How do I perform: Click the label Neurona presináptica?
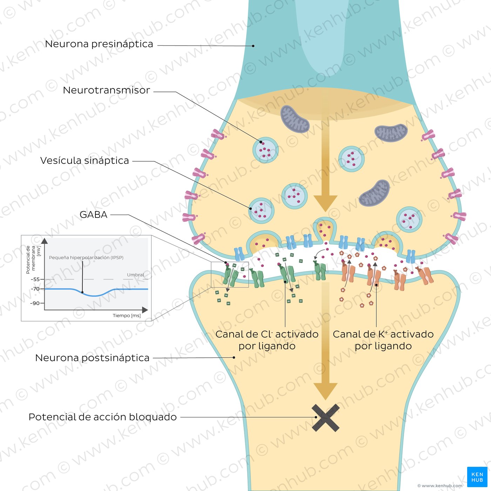(99, 44)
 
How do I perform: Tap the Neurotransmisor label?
(106, 90)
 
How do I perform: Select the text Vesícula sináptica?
(85, 161)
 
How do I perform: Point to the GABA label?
(93, 215)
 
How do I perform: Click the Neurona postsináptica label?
(92, 358)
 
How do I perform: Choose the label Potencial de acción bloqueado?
(102, 417)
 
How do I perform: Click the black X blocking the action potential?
(325, 417)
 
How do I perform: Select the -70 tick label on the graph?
(35, 289)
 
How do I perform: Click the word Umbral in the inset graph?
(135, 275)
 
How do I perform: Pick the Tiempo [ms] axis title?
(127, 316)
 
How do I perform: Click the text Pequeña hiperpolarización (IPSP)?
(86, 258)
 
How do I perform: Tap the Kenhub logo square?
(477, 477)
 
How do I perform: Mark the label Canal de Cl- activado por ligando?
(267, 340)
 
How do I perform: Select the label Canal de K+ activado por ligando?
(383, 340)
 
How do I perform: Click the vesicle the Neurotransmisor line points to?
(265, 150)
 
